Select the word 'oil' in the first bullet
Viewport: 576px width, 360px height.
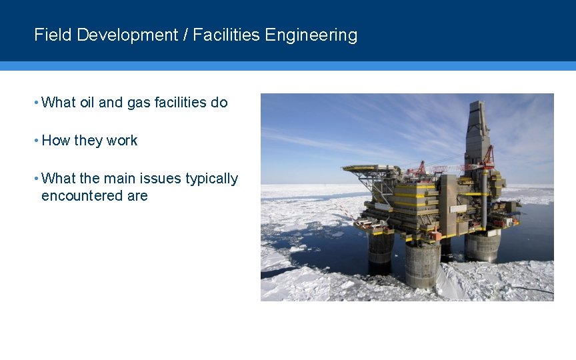click(x=87, y=103)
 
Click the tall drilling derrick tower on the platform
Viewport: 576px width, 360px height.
click(x=477, y=133)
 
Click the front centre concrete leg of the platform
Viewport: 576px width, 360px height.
click(x=422, y=263)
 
